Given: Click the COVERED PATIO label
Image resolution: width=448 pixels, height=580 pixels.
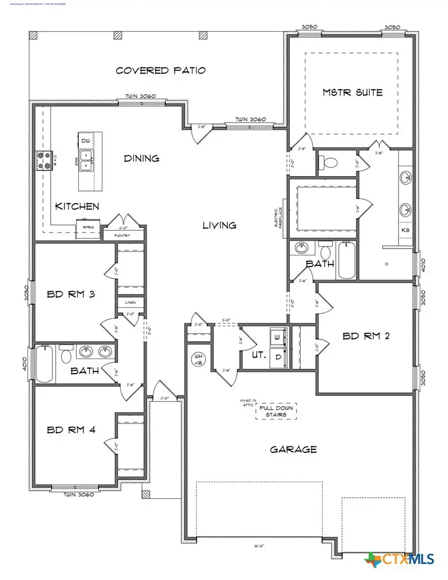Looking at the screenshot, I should [160, 70].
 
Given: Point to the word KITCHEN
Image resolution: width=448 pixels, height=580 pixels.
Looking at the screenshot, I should [77, 206].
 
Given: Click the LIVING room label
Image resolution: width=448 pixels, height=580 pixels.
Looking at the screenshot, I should [219, 226].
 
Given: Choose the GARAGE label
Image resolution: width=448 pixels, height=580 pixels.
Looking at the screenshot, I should [293, 449].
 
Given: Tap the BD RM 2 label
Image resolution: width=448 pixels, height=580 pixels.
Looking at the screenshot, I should [366, 336].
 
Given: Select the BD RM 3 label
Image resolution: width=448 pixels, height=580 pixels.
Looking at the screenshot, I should [71, 295].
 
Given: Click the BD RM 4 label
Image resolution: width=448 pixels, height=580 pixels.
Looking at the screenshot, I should [70, 429].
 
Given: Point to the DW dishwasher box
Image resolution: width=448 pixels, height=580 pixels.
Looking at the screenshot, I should [85, 140].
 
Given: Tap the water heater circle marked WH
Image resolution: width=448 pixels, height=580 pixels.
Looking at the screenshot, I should [198, 359].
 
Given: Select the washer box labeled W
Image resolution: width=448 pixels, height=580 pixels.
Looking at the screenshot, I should [278, 336].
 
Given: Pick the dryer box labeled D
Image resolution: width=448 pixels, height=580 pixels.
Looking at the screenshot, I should [278, 356].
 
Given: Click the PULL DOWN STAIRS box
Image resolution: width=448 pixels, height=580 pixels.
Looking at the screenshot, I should [276, 411].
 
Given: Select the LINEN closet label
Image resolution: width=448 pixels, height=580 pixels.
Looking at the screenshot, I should [128, 302].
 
